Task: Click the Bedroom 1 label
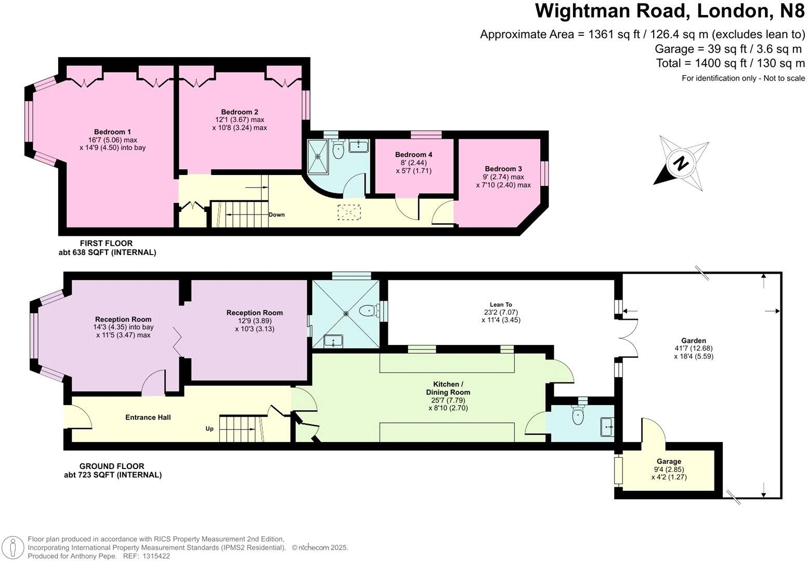(112, 132)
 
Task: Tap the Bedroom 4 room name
(413, 154)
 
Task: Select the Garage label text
(669, 461)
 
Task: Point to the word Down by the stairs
(277, 215)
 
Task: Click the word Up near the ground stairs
(210, 429)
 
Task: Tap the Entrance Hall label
(148, 418)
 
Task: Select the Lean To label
(501, 304)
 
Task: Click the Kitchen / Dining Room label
(448, 388)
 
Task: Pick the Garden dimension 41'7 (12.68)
(694, 349)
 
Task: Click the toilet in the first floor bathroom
(339, 149)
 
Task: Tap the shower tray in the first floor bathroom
(318, 156)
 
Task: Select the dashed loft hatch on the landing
(349, 212)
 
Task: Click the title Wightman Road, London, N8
(670, 11)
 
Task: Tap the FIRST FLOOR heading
(106, 243)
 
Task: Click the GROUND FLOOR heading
(112, 466)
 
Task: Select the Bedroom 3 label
(503, 169)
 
